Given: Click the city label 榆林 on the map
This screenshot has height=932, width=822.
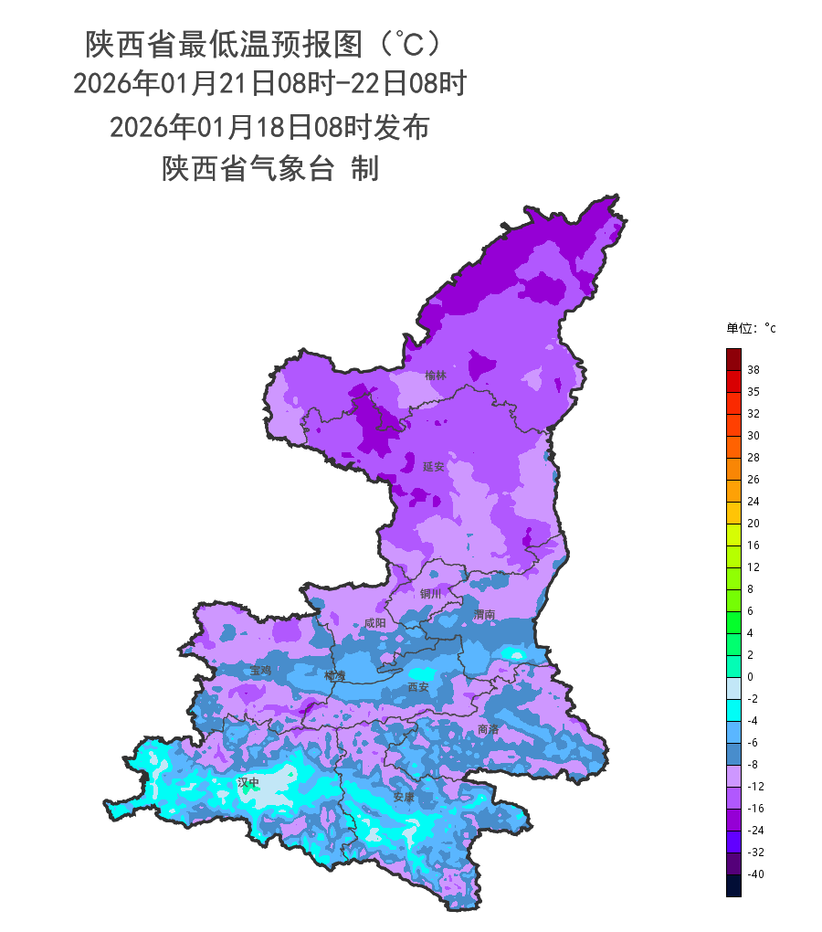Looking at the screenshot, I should click(436, 375).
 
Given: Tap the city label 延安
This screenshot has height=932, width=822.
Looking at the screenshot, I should click(434, 466).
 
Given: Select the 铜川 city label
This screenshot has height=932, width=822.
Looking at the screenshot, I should click(430, 594).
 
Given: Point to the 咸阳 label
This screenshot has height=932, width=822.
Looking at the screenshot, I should click(374, 623).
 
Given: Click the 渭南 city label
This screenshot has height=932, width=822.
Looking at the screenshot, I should click(484, 615).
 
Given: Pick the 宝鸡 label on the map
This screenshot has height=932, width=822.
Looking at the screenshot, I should click(261, 670).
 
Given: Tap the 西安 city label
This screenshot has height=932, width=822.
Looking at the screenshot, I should click(418, 686).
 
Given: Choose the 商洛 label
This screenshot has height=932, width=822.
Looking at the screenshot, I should click(489, 729).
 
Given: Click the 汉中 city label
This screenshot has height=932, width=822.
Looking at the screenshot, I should click(248, 782).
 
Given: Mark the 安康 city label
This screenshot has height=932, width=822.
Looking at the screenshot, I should click(404, 797).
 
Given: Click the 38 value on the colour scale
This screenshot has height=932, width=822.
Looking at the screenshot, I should click(753, 370).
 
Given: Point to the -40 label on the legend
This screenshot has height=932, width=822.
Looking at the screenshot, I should click(755, 874).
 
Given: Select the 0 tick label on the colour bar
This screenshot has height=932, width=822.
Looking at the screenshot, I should click(750, 677).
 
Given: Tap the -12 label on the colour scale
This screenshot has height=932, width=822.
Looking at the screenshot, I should click(755, 787).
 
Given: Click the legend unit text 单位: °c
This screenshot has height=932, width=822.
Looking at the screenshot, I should click(751, 328).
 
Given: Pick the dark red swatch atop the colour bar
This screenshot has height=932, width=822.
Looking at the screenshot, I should click(733, 359).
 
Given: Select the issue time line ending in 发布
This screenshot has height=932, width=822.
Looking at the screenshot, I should click(269, 127).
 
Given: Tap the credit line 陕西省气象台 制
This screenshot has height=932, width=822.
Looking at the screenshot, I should click(269, 169).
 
